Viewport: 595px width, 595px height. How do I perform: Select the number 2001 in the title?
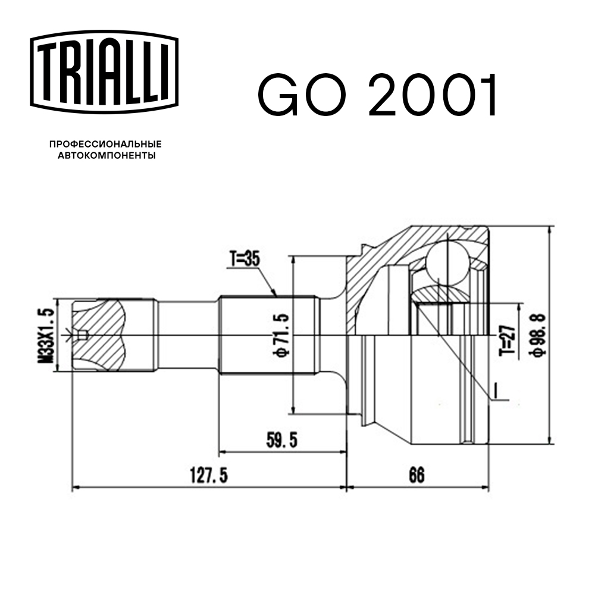pyautogui.click(x=432, y=95)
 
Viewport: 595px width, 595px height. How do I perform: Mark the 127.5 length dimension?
pyautogui.click(x=209, y=475)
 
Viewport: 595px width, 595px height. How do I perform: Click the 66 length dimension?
pyautogui.click(x=416, y=475)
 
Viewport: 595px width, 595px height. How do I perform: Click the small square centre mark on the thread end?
pyautogui.click(x=83, y=335)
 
